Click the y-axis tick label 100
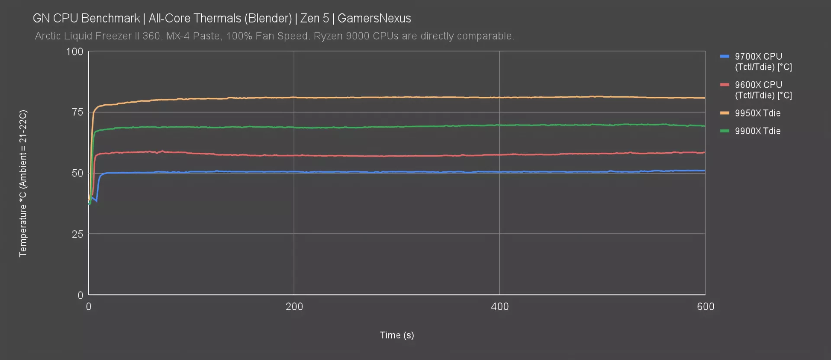tap(74, 52)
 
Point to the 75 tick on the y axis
tap(77, 112)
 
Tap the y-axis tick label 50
tap(77, 174)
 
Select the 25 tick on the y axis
tap(77, 234)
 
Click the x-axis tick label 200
tap(294, 307)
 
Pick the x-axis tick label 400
tap(500, 307)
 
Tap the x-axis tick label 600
tap(705, 307)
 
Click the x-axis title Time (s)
tap(397, 335)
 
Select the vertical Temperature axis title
tap(23, 183)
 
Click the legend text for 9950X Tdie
tap(757, 113)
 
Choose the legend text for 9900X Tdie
tap(757, 131)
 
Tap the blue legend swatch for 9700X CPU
tap(725, 57)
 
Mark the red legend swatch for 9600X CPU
tap(725, 85)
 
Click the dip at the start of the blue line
tap(96, 201)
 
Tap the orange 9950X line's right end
tap(705, 98)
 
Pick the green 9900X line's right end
tap(705, 126)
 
